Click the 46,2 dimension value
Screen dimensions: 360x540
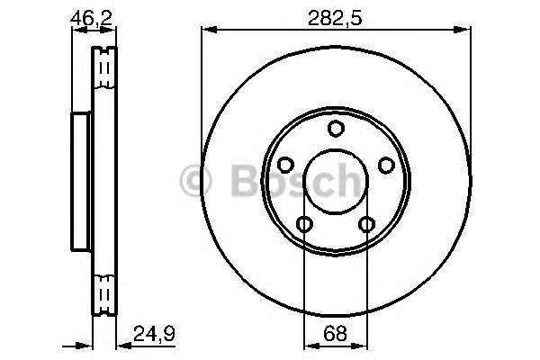[87, 17]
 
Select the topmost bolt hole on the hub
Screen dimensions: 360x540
[336, 129]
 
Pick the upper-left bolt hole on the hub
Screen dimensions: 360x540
[284, 166]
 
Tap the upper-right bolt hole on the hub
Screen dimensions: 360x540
[387, 166]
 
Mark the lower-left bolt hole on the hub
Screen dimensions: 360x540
[304, 225]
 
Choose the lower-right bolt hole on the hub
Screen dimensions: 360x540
[367, 225]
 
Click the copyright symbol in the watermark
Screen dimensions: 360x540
[196, 182]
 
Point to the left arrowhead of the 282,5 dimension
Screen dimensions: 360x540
[206, 30]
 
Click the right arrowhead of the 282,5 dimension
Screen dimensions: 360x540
[466, 30]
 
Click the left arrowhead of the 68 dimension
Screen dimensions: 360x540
[310, 342]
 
